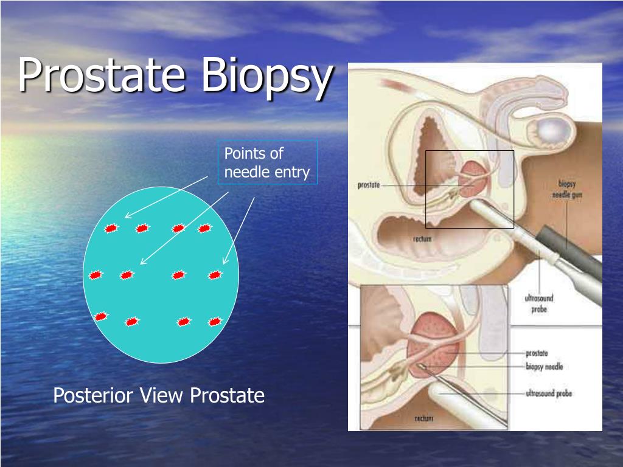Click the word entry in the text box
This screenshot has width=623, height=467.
coord(293,173)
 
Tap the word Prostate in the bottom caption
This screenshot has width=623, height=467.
coord(227,396)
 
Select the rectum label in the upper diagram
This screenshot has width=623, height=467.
coord(422,239)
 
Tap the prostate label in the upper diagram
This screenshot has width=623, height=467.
coord(369,185)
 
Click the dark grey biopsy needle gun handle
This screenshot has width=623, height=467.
coord(572,255)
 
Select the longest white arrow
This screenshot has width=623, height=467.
coord(184,228)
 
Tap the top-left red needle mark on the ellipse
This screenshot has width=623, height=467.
coord(111,229)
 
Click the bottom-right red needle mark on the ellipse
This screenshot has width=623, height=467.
coord(214,322)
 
